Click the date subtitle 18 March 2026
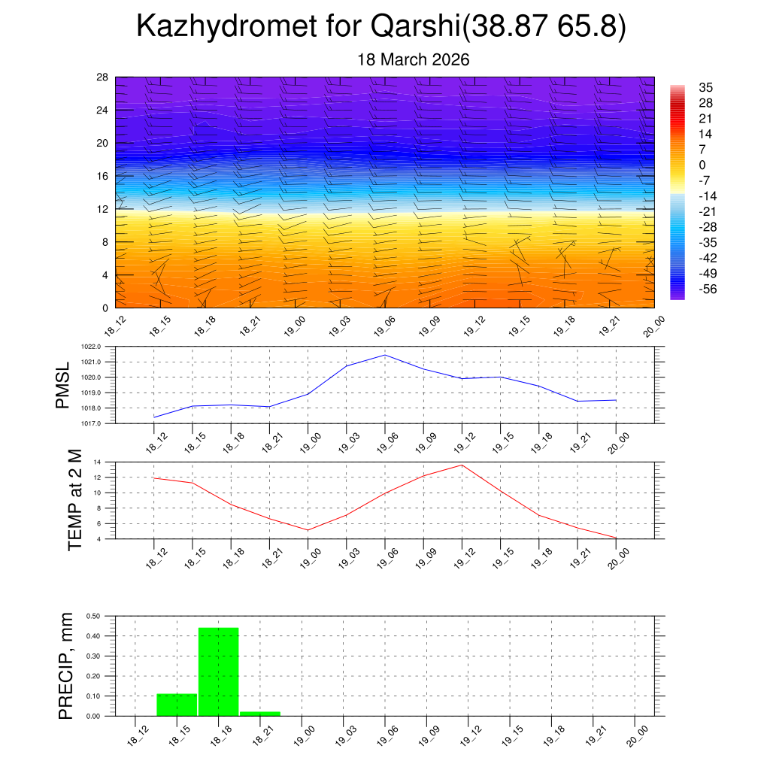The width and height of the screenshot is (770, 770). pyautogui.click(x=414, y=60)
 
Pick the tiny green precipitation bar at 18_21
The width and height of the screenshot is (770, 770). pyautogui.click(x=259, y=713)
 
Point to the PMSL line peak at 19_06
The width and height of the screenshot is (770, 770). pyautogui.click(x=385, y=355)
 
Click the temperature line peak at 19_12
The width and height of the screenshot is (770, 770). pyautogui.click(x=462, y=465)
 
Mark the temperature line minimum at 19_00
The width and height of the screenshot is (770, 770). pyautogui.click(x=308, y=530)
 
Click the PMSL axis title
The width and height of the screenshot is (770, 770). pyautogui.click(x=63, y=385)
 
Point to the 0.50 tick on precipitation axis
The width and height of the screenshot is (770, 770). pyautogui.click(x=93, y=616)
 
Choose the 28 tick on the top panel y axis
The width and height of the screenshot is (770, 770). pyautogui.click(x=102, y=77)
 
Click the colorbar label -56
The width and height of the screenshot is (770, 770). pyautogui.click(x=706, y=290)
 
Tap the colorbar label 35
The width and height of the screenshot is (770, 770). pyautogui.click(x=706, y=87)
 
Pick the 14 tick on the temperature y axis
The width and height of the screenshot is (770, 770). pyautogui.click(x=98, y=462)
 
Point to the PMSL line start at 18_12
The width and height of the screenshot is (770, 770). pyautogui.click(x=154, y=417)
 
